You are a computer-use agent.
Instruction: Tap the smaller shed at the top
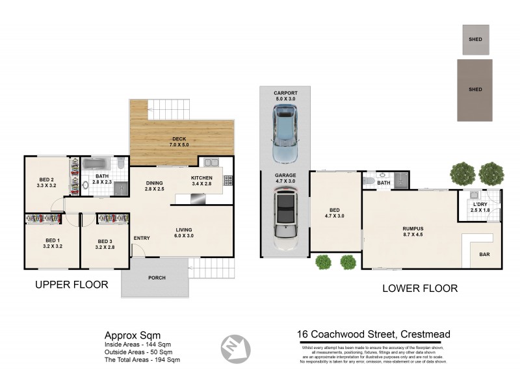(475, 40)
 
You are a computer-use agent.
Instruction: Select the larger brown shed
(475, 90)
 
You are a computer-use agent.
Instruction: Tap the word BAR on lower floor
(485, 254)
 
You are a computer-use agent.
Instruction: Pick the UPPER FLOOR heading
(71, 285)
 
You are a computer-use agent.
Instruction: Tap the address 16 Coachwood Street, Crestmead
(373, 335)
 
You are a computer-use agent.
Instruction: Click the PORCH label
(157, 278)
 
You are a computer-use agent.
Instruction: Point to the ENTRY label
(142, 238)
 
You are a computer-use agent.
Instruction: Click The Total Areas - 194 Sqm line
(142, 359)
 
